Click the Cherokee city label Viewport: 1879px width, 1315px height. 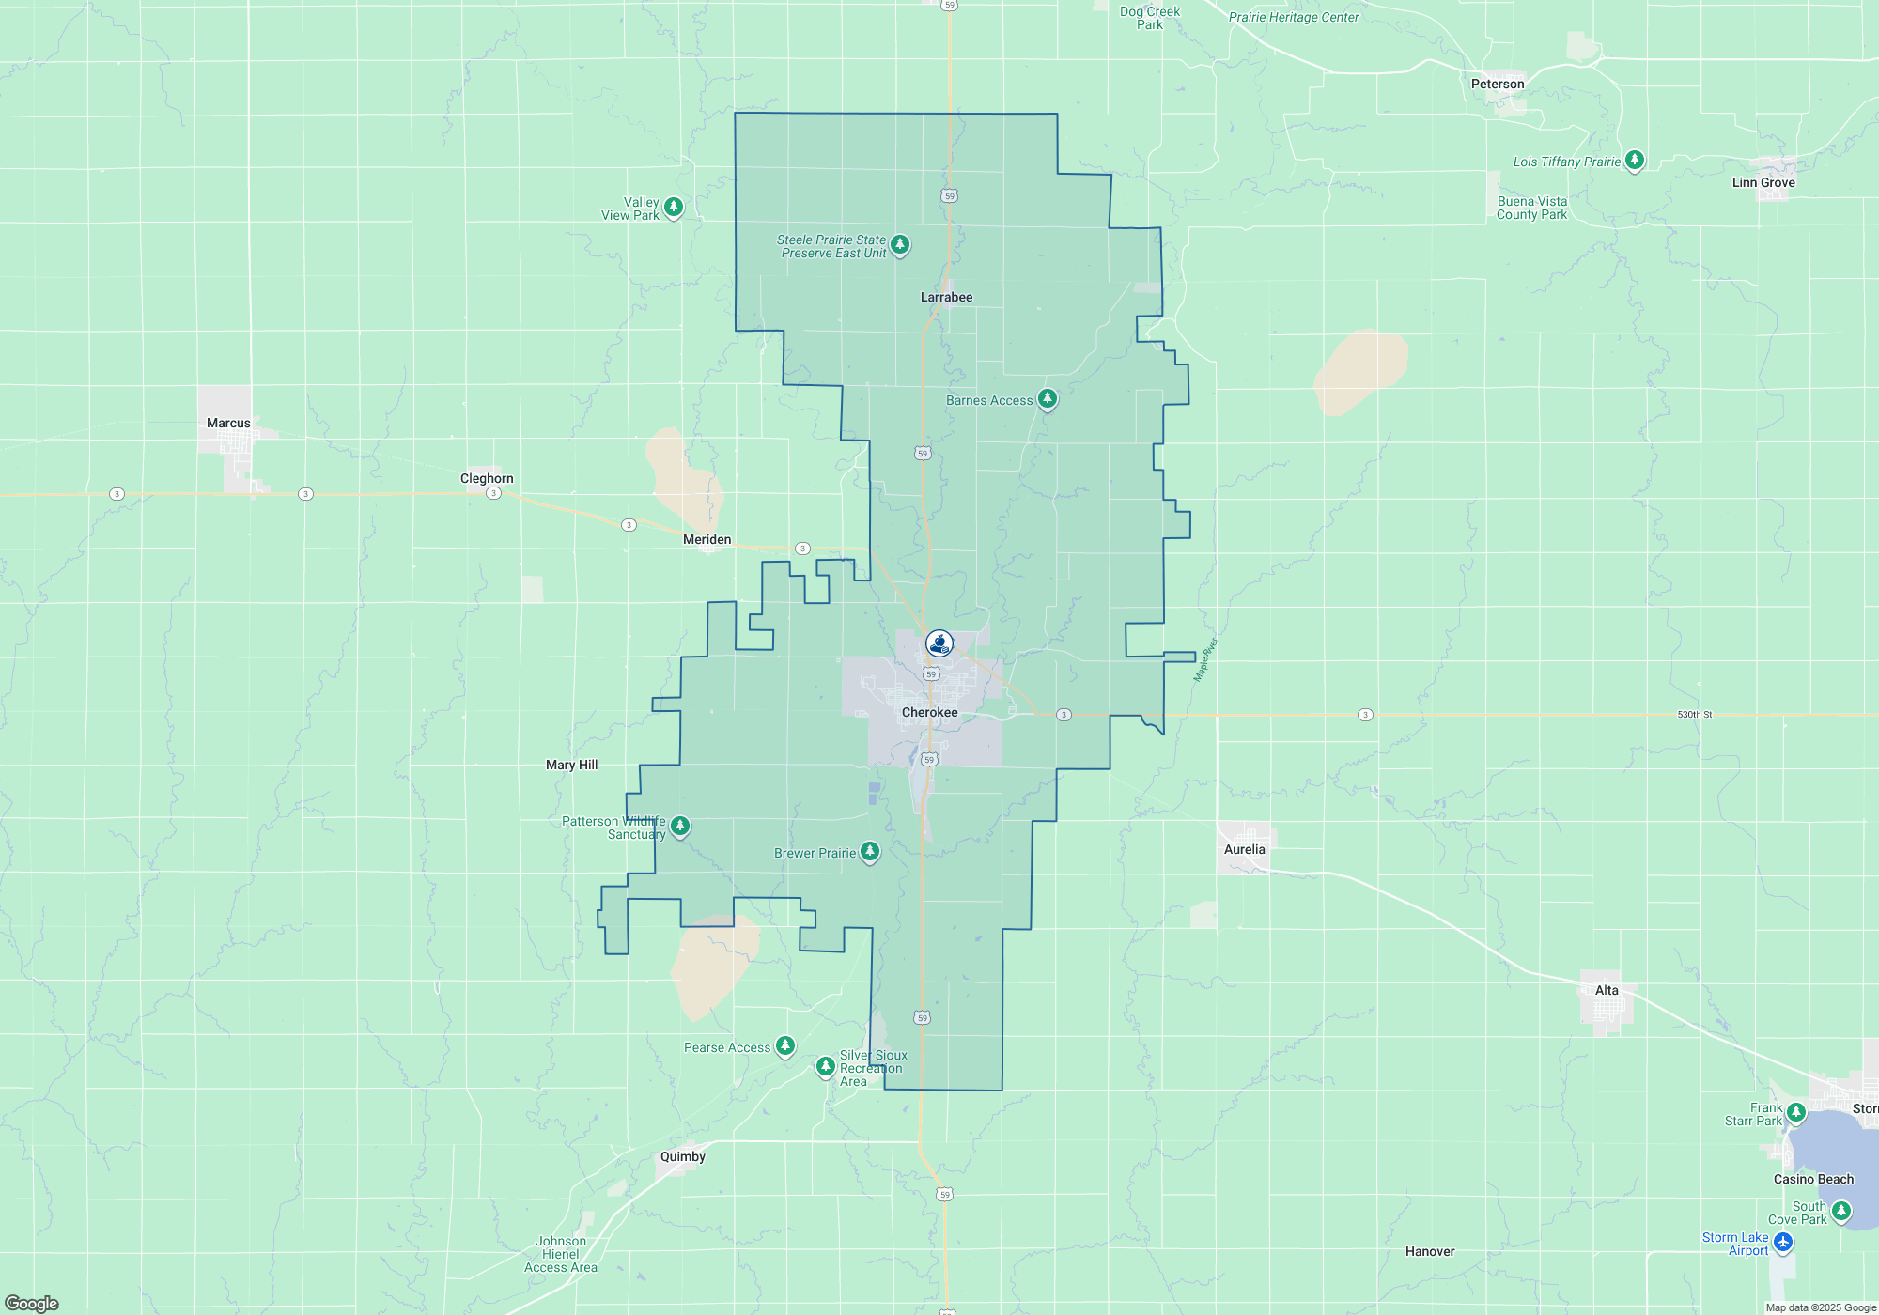[x=929, y=712]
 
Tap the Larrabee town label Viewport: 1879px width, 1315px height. [x=946, y=297]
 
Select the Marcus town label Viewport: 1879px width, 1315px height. [x=228, y=423]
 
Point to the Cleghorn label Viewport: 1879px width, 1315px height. [x=487, y=478]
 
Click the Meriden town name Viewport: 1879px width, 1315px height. [x=707, y=539]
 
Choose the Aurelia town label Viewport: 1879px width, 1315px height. [x=1244, y=849]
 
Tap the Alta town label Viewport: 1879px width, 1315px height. [x=1607, y=990]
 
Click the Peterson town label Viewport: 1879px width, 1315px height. [x=1498, y=84]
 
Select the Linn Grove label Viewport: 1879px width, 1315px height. [x=1763, y=182]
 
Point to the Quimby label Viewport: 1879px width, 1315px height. [x=682, y=1156]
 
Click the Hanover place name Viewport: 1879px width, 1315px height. [x=1429, y=1251]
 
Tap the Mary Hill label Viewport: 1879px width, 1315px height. [x=571, y=765]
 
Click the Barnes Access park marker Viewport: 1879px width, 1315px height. [x=1047, y=399]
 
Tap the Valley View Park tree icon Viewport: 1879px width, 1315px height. [x=673, y=207]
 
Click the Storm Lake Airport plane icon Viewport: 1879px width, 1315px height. [x=1783, y=1242]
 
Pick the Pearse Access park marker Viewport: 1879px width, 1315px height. [x=784, y=1045]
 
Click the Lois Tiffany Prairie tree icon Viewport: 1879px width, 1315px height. [x=1635, y=161]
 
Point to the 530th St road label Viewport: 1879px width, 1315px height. [x=1694, y=715]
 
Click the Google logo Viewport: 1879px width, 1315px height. [x=32, y=1304]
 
